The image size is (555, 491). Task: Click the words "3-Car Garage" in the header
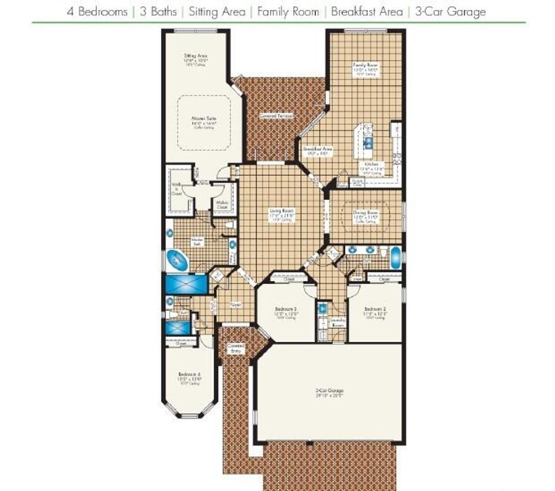(x=450, y=11)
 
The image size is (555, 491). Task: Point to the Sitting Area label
(x=196, y=56)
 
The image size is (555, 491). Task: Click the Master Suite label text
(x=201, y=117)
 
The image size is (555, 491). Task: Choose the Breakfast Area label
(x=318, y=149)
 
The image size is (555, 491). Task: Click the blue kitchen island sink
(x=368, y=143)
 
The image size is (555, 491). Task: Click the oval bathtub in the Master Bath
(x=177, y=261)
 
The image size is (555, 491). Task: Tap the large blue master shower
(x=186, y=284)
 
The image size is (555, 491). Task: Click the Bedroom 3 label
(x=285, y=308)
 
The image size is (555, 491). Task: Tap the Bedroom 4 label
(x=190, y=374)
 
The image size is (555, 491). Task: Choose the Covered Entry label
(x=236, y=348)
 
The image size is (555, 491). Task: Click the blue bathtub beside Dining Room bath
(x=396, y=257)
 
